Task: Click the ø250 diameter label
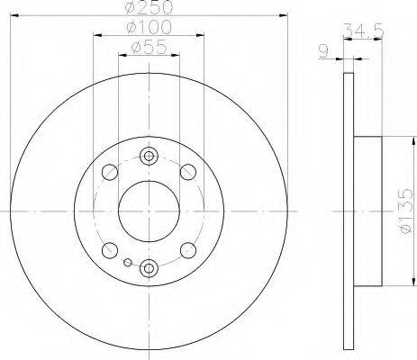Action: coord(149,6)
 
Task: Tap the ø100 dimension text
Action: coord(149,27)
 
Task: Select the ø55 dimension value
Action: coord(149,47)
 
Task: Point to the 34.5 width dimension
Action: coord(363,30)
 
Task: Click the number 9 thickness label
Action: coord(323,51)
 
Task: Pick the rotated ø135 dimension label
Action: coord(406,211)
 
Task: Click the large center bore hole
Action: coord(149,211)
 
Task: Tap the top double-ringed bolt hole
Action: coord(149,156)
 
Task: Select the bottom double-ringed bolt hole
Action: coord(149,268)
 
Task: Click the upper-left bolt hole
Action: coord(110,172)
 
